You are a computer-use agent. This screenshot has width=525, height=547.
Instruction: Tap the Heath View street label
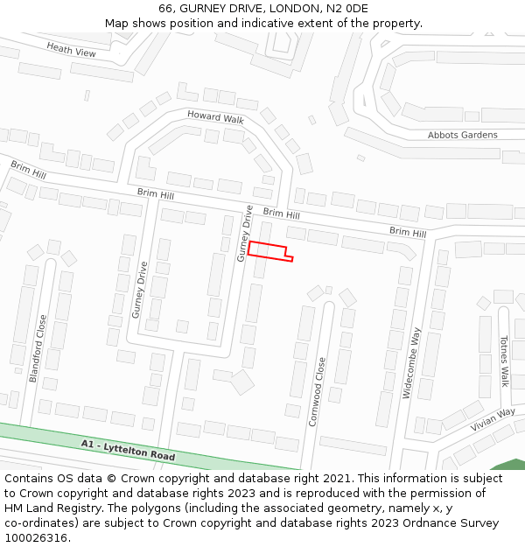pyautogui.click(x=72, y=52)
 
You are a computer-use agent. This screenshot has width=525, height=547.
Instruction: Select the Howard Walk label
pyautogui.click(x=215, y=117)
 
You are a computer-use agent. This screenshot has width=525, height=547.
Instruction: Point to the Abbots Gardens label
pyautogui.click(x=462, y=135)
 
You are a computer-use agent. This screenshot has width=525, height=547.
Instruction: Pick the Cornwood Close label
pyautogui.click(x=317, y=390)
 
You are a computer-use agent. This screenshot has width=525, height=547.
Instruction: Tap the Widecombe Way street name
pyautogui.click(x=411, y=363)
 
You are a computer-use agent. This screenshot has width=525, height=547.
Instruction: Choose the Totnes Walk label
pyautogui.click(x=504, y=361)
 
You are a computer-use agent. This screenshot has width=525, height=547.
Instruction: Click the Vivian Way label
pyautogui.click(x=493, y=419)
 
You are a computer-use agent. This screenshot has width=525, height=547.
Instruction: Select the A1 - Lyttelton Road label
pyautogui.click(x=128, y=451)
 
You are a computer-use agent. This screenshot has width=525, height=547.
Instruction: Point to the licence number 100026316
pyautogui.click(x=36, y=538)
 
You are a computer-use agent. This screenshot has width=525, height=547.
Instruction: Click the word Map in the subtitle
pyautogui.click(x=117, y=24)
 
